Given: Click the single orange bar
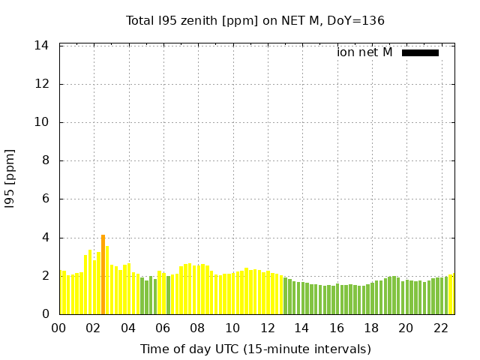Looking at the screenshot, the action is click(103, 274).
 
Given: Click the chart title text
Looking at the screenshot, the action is click(255, 21).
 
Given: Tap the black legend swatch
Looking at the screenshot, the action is click(420, 53).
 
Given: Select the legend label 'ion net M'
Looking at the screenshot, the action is click(364, 52).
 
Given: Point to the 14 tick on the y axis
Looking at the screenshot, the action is click(41, 46).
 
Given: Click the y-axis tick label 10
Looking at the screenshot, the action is click(41, 122).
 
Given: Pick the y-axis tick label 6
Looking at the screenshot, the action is click(46, 199).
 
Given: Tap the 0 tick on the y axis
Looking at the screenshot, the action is click(46, 313).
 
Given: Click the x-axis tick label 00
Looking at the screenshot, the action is click(58, 328).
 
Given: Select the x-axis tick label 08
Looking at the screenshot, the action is click(197, 328).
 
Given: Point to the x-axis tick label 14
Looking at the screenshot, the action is click(301, 328).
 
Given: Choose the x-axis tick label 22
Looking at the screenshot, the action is click(441, 328).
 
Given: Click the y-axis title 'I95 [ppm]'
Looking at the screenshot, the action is click(10, 179).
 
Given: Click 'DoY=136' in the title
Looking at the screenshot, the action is click(355, 21).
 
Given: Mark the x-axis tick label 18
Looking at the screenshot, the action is click(371, 328).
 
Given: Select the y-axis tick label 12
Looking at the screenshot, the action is click(41, 83).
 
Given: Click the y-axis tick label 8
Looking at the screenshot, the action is click(46, 160).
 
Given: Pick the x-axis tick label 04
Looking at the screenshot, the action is click(128, 328).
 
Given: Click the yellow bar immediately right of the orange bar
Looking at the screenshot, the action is click(107, 280).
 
